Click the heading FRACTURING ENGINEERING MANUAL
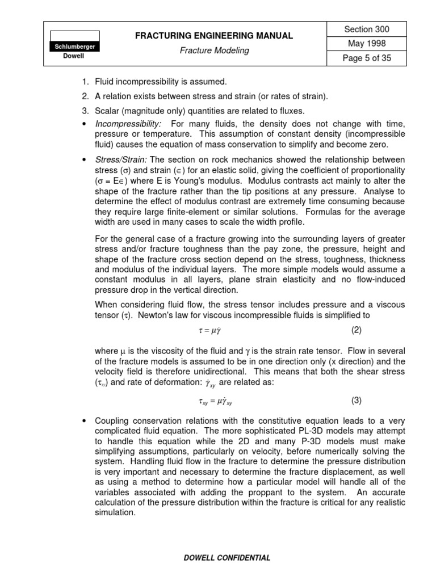[x=214, y=36]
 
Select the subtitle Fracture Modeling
[x=214, y=50]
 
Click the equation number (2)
[x=356, y=330]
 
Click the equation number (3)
[x=356, y=400]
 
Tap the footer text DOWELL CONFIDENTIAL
[x=227, y=558]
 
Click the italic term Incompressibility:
[x=128, y=124]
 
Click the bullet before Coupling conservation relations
[x=84, y=420]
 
